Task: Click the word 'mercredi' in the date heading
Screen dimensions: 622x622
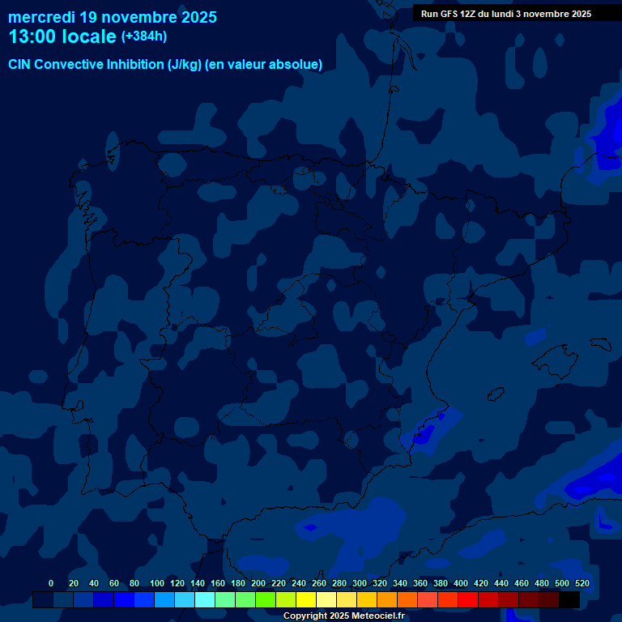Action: pos(41,17)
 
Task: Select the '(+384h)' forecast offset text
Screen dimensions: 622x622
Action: pos(144,36)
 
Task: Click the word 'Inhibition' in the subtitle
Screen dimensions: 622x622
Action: pos(134,65)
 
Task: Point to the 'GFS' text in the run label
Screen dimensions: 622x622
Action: pos(448,14)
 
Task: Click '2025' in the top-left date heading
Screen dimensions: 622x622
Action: pos(195,17)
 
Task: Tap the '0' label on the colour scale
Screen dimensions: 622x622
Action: pos(51,583)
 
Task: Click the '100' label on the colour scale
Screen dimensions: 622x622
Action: pos(157,583)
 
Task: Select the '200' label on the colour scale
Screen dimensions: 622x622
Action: pos(258,583)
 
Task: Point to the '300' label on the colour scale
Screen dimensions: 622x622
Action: pos(360,583)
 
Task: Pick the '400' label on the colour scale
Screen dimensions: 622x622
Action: pos(461,583)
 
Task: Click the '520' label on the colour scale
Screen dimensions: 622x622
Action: pos(582,583)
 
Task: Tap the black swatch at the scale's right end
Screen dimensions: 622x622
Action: pos(569,600)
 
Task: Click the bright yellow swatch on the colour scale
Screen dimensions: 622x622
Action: pos(306,600)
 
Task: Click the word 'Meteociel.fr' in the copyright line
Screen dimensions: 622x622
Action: pos(377,616)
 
